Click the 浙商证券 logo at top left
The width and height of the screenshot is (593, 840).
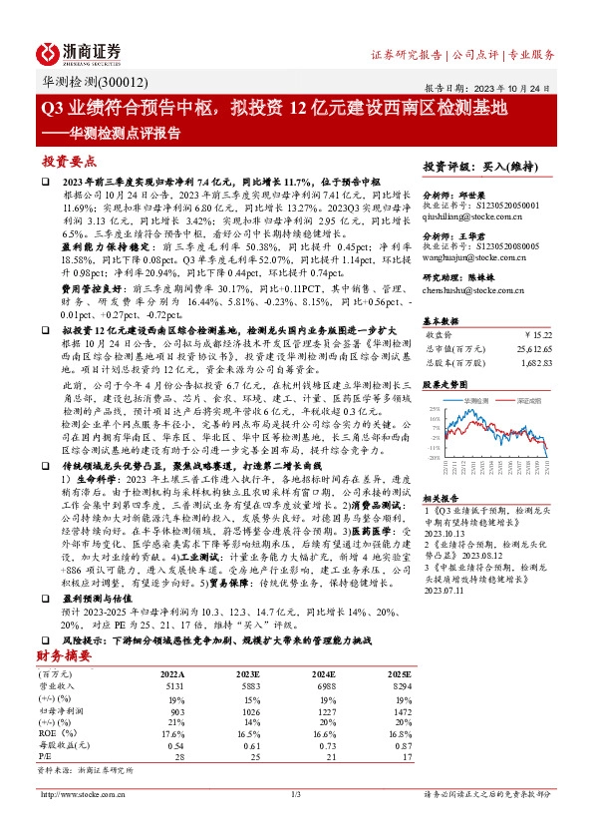click(x=81, y=52)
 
